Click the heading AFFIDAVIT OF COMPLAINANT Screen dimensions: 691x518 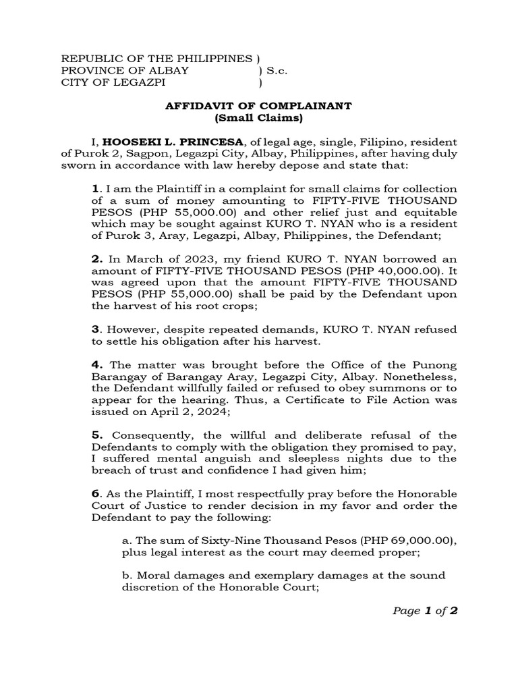259,106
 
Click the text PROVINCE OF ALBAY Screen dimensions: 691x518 125,71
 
